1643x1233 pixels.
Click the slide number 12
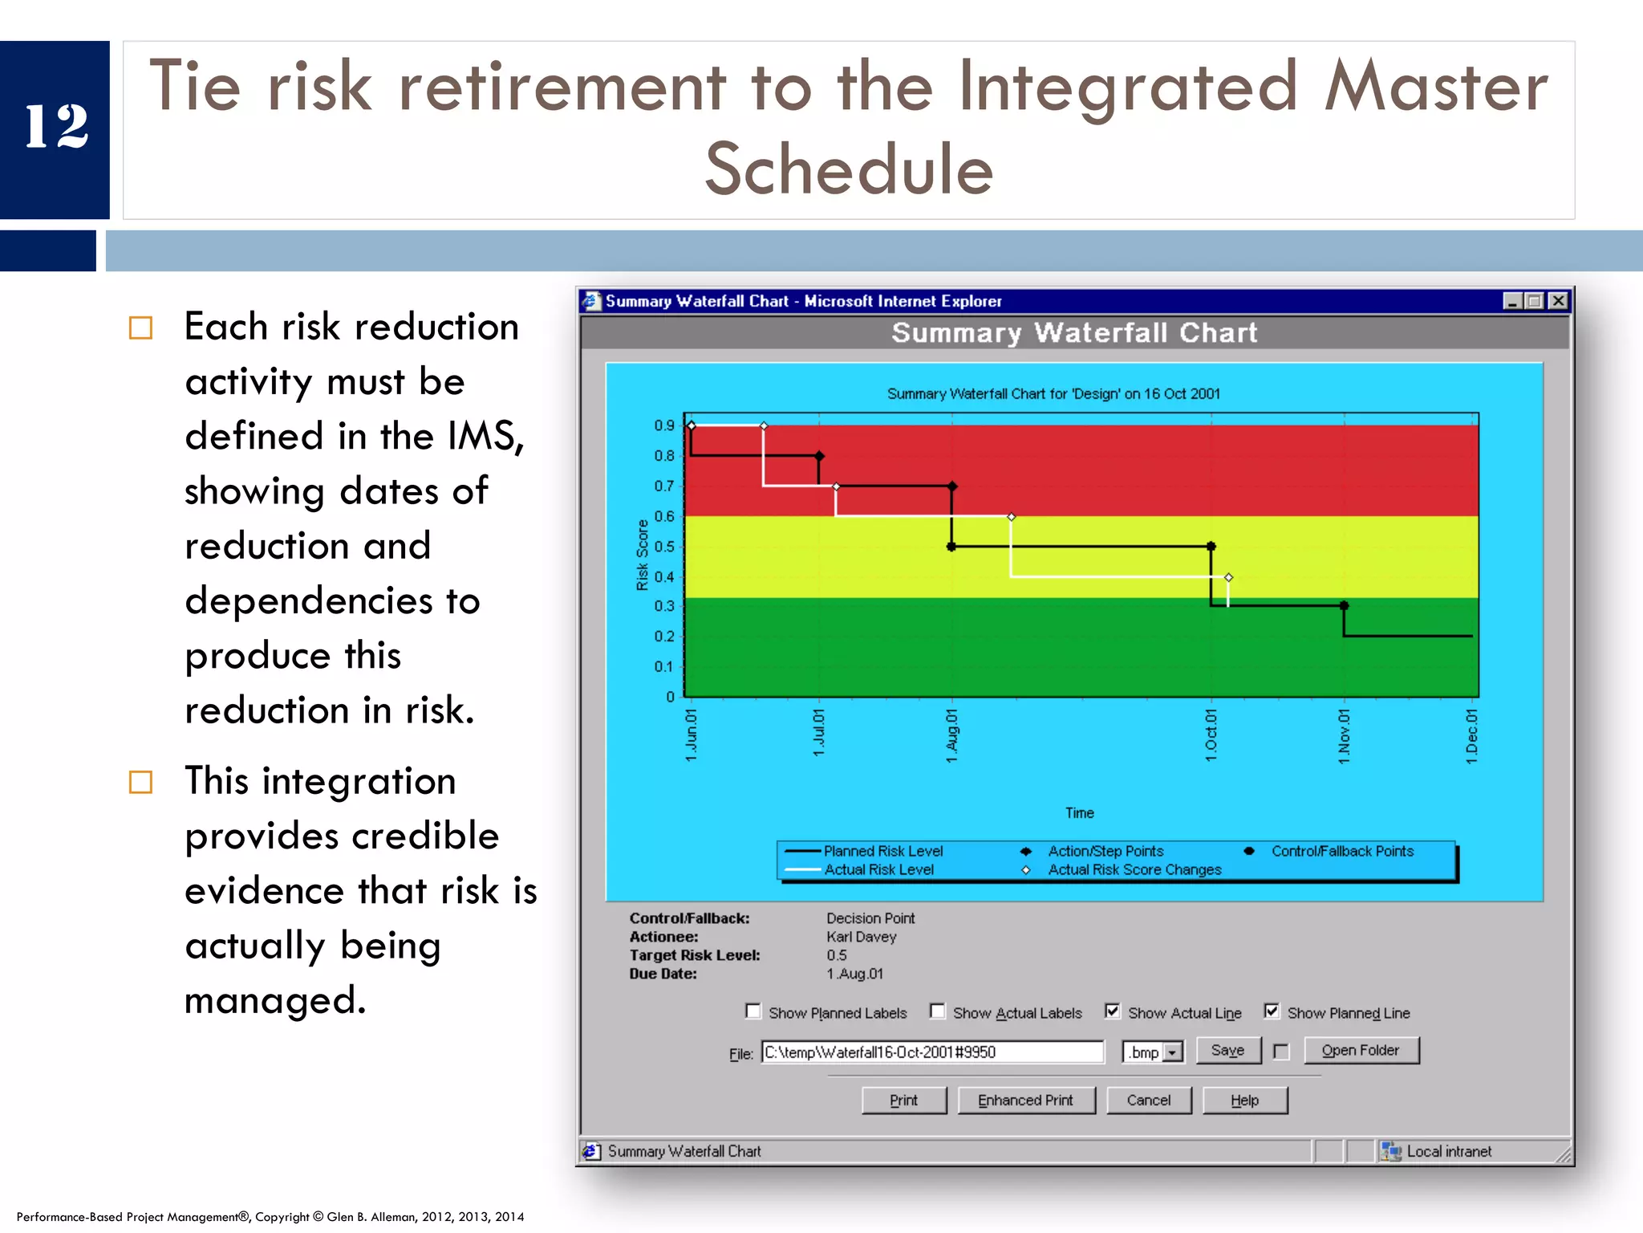point(56,127)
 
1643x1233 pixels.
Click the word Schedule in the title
point(849,169)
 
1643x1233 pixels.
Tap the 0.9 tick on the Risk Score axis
point(664,425)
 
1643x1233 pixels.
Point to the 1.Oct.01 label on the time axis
point(1211,735)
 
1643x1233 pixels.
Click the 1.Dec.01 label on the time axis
point(1471,735)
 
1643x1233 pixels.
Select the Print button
point(903,1101)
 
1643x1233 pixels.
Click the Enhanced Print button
point(1024,1101)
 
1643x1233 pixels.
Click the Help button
point(1244,1101)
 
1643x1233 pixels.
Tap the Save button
point(1227,1051)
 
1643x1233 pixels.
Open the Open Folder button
point(1360,1051)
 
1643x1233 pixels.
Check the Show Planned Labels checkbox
point(753,1011)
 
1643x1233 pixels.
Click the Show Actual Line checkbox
point(1112,1011)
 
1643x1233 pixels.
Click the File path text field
point(931,1052)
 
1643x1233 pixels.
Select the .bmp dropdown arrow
point(1173,1052)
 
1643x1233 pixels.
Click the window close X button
point(1557,301)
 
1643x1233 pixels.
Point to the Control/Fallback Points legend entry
point(1341,851)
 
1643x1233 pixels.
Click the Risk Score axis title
point(642,555)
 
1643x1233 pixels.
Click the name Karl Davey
point(861,937)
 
